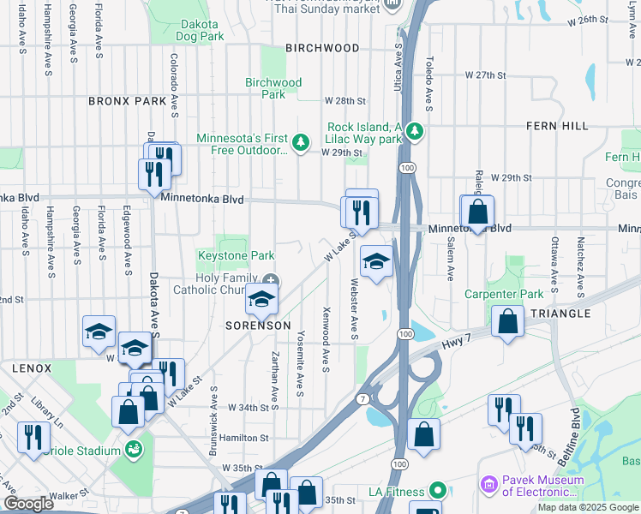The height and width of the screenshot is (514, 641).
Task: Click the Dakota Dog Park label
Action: tap(198, 31)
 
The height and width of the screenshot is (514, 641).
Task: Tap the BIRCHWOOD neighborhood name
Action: tap(322, 48)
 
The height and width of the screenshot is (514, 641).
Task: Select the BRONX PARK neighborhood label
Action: tap(127, 101)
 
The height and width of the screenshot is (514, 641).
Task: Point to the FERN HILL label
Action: tap(558, 126)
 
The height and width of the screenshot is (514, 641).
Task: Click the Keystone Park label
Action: tap(237, 255)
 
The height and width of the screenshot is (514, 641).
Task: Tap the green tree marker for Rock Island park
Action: tap(415, 131)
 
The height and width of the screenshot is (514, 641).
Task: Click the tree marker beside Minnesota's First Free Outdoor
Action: tap(300, 142)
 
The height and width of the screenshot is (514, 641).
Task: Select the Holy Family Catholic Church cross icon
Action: tap(271, 281)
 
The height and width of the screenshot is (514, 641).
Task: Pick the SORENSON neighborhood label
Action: tap(258, 326)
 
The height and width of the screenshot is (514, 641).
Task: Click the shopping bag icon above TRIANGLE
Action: tap(508, 322)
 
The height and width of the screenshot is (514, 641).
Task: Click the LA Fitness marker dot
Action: tap(437, 492)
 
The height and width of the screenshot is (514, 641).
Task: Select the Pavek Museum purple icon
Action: tap(488, 486)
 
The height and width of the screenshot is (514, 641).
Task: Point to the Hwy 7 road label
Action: tap(457, 341)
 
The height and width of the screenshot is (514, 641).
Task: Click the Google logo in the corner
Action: tap(28, 504)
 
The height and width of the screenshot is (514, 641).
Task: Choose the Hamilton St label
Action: tap(244, 438)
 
